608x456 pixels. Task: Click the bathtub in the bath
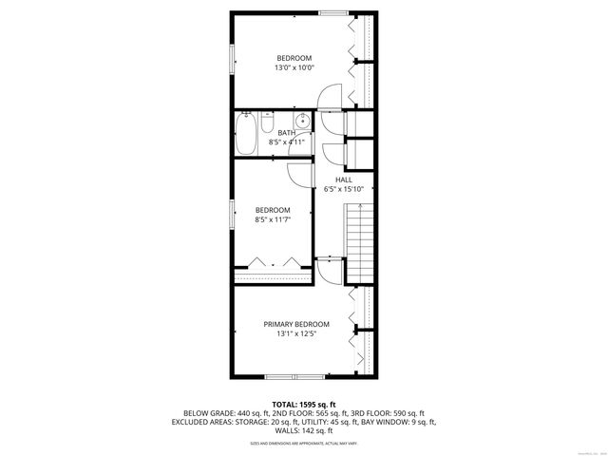(x=246, y=134)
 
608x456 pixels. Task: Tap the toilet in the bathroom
(x=268, y=121)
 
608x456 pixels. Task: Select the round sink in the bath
(x=302, y=122)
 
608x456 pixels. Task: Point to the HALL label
(x=343, y=179)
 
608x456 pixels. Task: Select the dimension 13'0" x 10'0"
(x=294, y=67)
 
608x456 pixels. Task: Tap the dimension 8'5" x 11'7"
(x=272, y=219)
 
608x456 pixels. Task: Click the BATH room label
(x=286, y=133)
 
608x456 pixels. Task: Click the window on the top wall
(x=332, y=12)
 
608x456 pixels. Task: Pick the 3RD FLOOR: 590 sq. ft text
(x=387, y=413)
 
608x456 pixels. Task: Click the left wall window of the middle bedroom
(x=231, y=214)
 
